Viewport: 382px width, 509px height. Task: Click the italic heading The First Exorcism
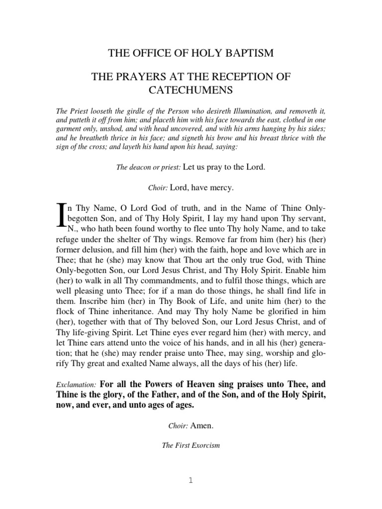click(191, 445)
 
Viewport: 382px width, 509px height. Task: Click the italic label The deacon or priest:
click(148, 168)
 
